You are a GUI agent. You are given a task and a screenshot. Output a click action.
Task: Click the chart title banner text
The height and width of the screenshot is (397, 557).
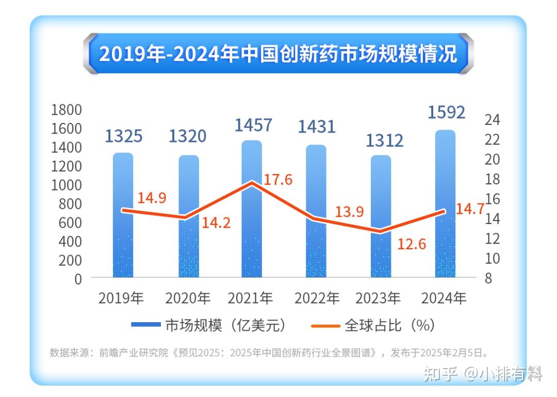[x=278, y=54]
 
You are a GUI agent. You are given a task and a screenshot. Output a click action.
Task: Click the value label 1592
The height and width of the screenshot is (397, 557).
[x=446, y=112]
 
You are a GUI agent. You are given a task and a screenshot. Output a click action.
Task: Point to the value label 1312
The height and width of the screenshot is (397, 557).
[x=384, y=140]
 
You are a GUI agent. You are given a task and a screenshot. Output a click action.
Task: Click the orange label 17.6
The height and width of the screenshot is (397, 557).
[x=278, y=180]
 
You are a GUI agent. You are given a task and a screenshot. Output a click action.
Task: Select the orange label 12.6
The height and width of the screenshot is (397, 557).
[x=412, y=244]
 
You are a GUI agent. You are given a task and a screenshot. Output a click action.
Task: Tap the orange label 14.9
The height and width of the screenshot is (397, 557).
[x=152, y=198]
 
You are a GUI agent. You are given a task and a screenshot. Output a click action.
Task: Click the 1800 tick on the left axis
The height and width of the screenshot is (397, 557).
[x=67, y=109]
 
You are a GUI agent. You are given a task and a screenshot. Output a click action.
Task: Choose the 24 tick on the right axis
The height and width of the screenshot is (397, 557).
[x=493, y=120]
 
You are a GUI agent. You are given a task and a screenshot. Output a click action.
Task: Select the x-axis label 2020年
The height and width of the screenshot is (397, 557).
[x=188, y=298]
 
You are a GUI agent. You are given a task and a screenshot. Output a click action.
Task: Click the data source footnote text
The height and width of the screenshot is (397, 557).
[x=268, y=353]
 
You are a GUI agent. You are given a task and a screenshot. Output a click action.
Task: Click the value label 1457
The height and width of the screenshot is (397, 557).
[x=253, y=125]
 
